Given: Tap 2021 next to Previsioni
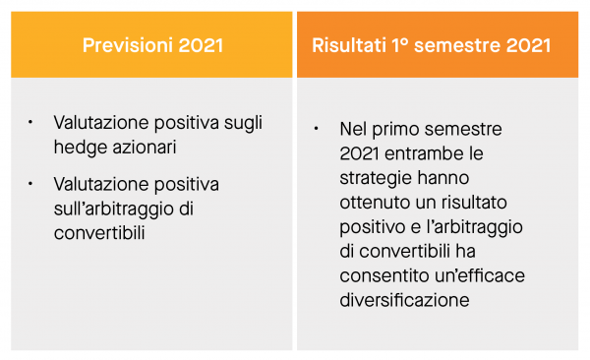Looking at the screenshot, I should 197,45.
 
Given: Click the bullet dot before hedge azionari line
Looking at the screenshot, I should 30,123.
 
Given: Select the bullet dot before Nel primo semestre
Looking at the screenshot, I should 316,129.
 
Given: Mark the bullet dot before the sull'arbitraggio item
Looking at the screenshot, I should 30,183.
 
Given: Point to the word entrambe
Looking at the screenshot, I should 425,154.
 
